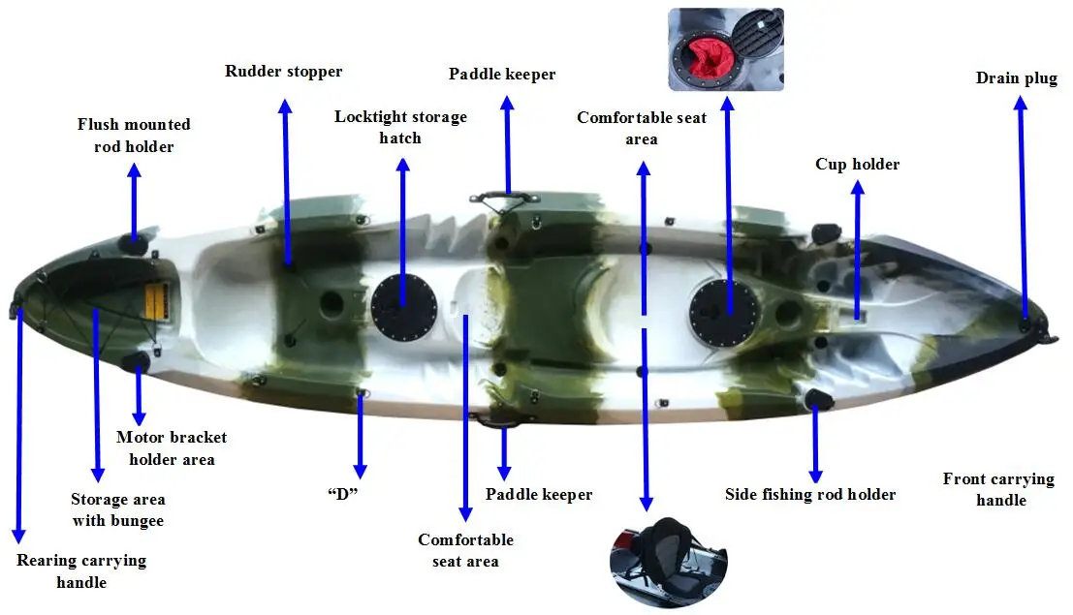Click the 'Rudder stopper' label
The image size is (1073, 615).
[283, 71]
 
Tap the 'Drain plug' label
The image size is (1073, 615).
[1016, 77]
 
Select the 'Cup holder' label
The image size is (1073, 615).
[857, 164]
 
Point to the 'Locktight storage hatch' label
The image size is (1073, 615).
[400, 127]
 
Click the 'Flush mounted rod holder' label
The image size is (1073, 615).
[134, 135]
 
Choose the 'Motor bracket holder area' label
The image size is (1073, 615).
[172, 447]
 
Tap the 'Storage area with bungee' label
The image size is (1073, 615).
[117, 509]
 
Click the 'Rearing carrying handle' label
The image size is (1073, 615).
[81, 570]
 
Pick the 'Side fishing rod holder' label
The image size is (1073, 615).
[810, 494]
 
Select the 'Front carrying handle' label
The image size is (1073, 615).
[998, 488]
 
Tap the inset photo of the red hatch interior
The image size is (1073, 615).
[726, 49]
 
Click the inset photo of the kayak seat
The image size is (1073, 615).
[668, 560]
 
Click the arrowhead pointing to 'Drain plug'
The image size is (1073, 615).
[1020, 103]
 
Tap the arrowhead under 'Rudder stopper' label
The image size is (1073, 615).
[284, 105]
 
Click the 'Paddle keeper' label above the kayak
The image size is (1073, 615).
[502, 74]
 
